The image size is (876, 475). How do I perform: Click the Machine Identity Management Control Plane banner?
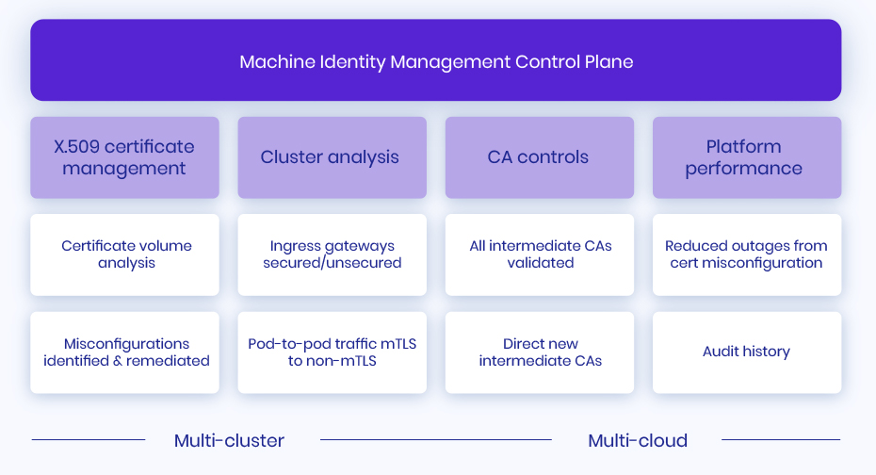pyautogui.click(x=435, y=61)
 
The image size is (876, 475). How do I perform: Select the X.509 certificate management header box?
pyautogui.click(x=124, y=157)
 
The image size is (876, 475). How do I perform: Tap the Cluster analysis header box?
pyautogui.click(x=332, y=157)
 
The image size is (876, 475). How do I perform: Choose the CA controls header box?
pyautogui.click(x=539, y=157)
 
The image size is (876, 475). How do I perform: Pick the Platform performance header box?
pyautogui.click(x=746, y=157)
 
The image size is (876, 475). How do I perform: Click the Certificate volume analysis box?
pyautogui.click(x=124, y=254)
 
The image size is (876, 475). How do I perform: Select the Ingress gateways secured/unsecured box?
pyautogui.click(x=332, y=254)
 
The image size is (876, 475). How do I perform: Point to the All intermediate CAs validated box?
pyautogui.click(x=539, y=254)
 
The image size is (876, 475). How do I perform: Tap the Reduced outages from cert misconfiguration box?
pyautogui.click(x=746, y=254)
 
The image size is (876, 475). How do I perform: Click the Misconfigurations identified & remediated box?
pyautogui.click(x=124, y=352)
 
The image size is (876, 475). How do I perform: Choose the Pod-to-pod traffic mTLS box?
pyautogui.click(x=332, y=352)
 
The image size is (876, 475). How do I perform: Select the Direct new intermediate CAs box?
pyautogui.click(x=539, y=352)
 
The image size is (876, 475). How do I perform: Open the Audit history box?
pyautogui.click(x=746, y=352)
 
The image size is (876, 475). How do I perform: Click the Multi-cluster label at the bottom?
pyautogui.click(x=229, y=440)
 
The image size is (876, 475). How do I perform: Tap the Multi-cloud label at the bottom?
pyautogui.click(x=638, y=440)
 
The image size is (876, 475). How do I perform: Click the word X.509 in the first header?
pyautogui.click(x=76, y=147)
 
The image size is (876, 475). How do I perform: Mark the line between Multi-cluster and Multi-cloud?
pyautogui.click(x=435, y=439)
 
